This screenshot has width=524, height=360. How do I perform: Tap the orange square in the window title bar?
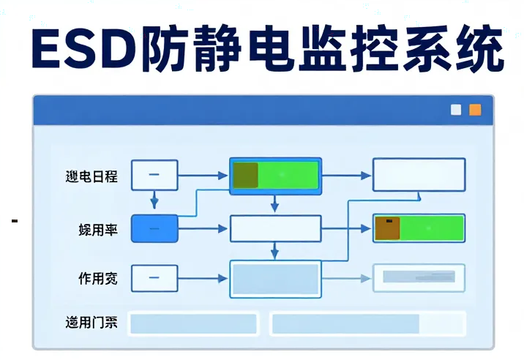[476, 110]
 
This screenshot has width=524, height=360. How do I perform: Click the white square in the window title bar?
[457, 110]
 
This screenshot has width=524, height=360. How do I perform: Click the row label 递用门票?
[91, 323]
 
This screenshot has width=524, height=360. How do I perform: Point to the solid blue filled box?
[154, 228]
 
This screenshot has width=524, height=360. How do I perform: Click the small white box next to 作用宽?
[154, 278]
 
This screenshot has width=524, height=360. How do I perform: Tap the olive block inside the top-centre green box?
[246, 176]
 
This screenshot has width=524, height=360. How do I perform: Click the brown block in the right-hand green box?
[387, 228]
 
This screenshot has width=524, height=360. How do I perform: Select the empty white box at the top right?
[419, 175]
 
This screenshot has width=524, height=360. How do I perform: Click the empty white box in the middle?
[275, 228]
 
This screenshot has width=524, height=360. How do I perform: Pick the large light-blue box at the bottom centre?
[275, 279]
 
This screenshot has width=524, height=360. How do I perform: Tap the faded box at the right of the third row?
[419, 277]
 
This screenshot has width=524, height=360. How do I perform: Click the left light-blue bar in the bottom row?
[193, 323]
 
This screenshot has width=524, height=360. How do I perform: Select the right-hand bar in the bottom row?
[367, 323]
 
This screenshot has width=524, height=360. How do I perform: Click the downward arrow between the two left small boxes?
[154, 200]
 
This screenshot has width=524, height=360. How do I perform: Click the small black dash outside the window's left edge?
[15, 220]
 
